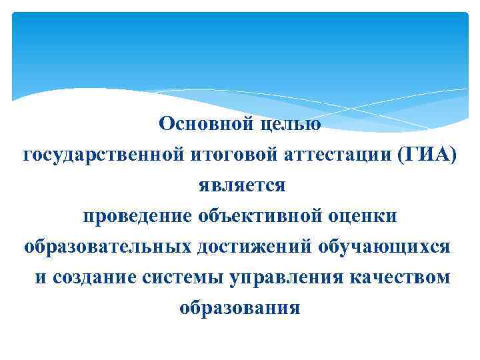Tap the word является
coord(241,185)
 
